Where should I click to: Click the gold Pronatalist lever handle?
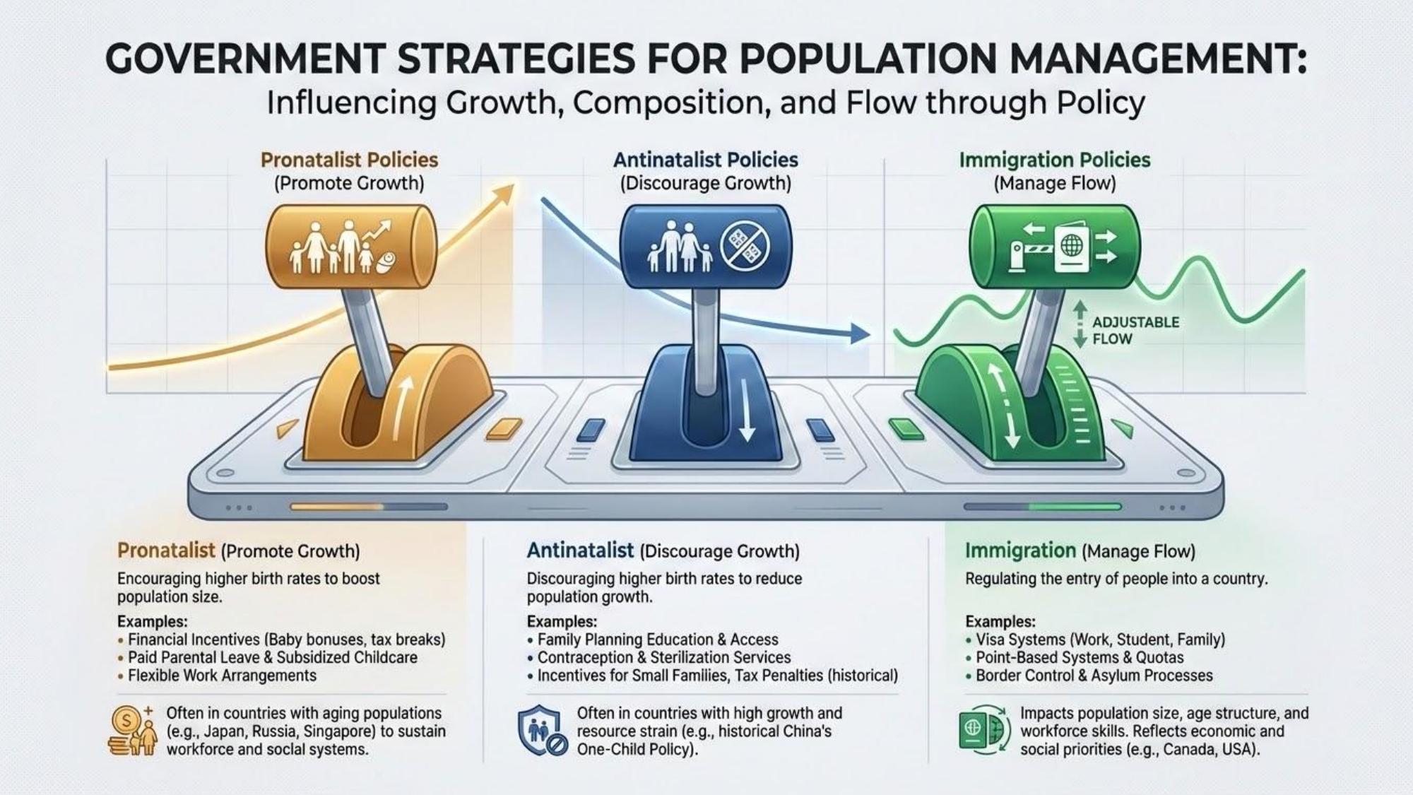point(350,246)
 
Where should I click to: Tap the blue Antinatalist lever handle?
point(705,247)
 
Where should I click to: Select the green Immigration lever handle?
point(1054,247)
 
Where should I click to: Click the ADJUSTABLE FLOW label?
point(1135,330)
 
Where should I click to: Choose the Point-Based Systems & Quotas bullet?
point(1079,657)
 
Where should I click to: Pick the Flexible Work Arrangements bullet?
point(222,676)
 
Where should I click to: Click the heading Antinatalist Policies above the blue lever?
point(705,160)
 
